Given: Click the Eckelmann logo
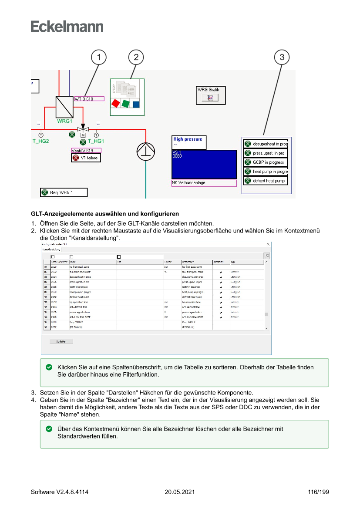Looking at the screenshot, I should click(67, 26).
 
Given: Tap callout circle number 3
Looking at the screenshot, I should click(282, 57).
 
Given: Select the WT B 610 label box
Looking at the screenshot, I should click(89, 99).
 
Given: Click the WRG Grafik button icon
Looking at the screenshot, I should click(211, 98).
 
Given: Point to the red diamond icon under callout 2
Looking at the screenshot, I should click(116, 104).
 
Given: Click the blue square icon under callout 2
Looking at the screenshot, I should click(136, 104).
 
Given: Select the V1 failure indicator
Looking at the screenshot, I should click(86, 158).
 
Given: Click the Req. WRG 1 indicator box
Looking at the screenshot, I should click(64, 192).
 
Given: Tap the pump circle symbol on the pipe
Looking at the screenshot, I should click(146, 151).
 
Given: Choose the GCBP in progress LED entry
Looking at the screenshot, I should click(265, 162).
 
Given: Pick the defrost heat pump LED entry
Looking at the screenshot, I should click(265, 181).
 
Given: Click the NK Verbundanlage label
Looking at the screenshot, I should click(204, 183).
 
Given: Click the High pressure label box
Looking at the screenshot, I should click(189, 142).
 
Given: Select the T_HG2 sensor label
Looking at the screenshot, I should click(40, 141).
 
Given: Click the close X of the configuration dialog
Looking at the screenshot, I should click(268, 245).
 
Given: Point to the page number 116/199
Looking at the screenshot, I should click(318, 492).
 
